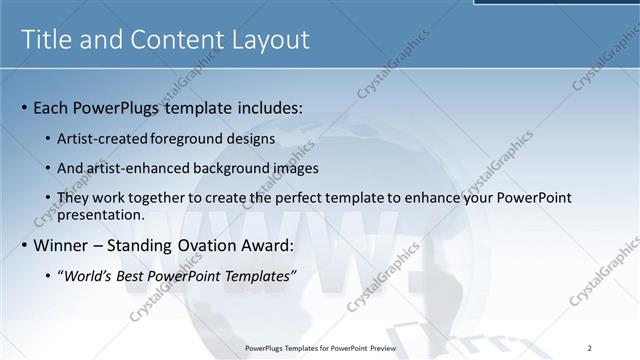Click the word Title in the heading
tap(46, 40)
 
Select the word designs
tap(251, 138)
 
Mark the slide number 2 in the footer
tap(590, 347)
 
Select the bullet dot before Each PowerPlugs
tap(24, 107)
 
